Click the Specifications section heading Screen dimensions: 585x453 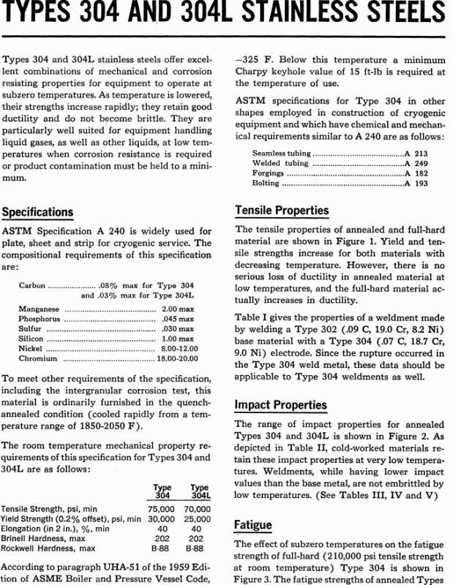37,212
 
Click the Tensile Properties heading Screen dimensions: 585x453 282,211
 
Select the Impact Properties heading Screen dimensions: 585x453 280,404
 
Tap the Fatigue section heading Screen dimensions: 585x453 253,524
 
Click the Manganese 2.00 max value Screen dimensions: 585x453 178,309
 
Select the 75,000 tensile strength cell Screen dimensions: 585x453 162,508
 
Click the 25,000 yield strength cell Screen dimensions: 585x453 198,518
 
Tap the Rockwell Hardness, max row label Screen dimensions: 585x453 48,548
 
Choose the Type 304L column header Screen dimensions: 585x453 199,491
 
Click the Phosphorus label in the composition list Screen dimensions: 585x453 39,320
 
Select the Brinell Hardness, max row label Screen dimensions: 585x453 45,538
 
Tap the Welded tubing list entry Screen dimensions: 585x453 272,163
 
